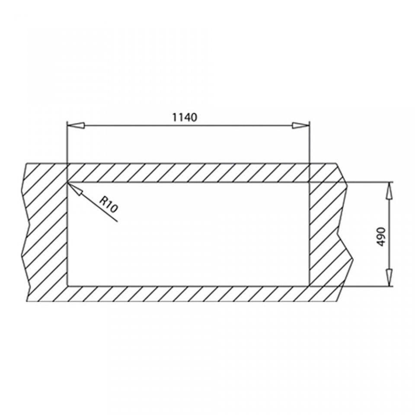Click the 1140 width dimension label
coord(185,117)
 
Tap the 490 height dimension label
coord(381,236)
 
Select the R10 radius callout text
coord(108,204)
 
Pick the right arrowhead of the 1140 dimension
coord(301,125)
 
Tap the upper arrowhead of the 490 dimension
coord(389,191)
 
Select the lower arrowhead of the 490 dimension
coord(389,278)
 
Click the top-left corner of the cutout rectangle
coord(67,182)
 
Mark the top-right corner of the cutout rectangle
coord(309,182)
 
